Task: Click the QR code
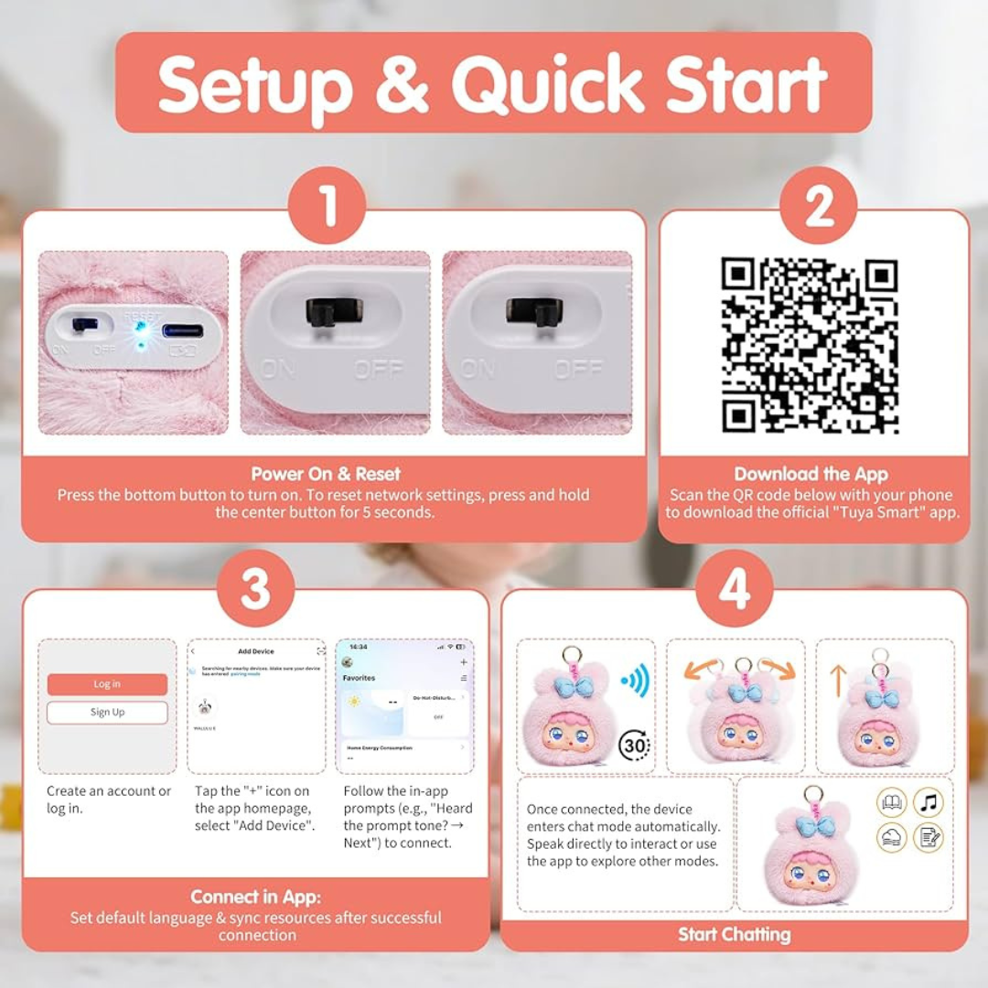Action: coord(810,346)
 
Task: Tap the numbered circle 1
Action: coord(328,206)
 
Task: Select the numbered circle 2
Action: coord(818,206)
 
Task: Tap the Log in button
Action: coord(107,684)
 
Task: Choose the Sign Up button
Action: coord(107,713)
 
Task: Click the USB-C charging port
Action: coord(183,329)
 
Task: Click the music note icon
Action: coord(929,803)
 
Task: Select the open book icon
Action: coord(891,803)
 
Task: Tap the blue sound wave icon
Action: coord(634,681)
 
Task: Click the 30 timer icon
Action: coord(634,745)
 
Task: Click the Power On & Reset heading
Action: coord(326,474)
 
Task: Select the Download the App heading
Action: coord(811,474)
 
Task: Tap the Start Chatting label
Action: coord(734,934)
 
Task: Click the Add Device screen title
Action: coord(256,651)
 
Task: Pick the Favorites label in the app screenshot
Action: coord(359,678)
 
